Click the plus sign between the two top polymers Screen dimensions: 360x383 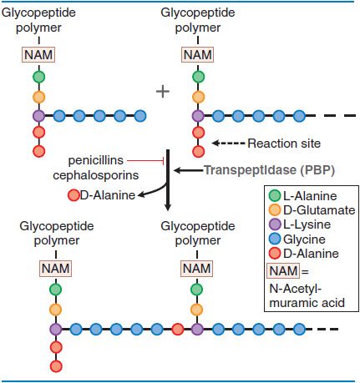click(163, 92)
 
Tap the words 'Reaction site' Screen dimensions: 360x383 click(284, 144)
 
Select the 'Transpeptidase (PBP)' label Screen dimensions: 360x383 click(269, 170)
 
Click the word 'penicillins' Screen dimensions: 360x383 click(95, 160)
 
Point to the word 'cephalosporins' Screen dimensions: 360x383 click(95, 175)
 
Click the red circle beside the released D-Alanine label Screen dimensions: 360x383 click(74, 195)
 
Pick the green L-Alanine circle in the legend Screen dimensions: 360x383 click(275, 195)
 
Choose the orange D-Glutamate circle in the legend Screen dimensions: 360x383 click(275, 210)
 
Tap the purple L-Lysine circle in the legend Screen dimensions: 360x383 click(275, 224)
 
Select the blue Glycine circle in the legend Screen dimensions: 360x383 click(275, 239)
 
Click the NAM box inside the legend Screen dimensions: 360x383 click(283, 270)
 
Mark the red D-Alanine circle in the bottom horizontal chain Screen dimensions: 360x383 click(177, 330)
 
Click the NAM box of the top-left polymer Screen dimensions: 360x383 click(38, 54)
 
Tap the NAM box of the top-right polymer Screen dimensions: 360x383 click(198, 54)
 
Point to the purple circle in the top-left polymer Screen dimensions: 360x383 click(39, 116)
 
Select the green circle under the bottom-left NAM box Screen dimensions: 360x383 click(56, 290)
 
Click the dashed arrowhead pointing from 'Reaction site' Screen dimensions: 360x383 click(215, 144)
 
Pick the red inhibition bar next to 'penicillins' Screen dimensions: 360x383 click(164, 160)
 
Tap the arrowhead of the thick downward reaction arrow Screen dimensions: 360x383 click(167, 207)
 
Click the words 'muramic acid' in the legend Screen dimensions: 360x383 click(307, 303)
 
